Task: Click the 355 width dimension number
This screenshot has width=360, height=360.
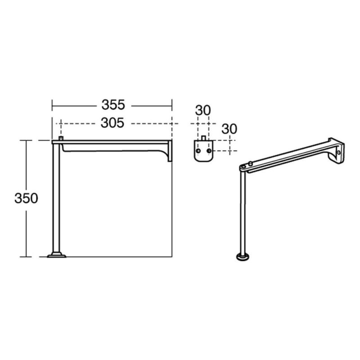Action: pos(112,105)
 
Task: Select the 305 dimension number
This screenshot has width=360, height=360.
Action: pos(112,123)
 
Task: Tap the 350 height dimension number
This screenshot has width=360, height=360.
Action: pos(26,198)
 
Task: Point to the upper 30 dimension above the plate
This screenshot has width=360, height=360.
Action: pos(203,110)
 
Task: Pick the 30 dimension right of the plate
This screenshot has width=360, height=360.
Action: pos(229,128)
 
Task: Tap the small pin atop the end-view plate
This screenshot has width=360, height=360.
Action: pos(203,137)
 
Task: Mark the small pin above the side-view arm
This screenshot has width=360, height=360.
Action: pos(61,138)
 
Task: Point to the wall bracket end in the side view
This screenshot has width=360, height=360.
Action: pos(169,150)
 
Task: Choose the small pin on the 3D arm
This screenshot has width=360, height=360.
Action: pos(249,163)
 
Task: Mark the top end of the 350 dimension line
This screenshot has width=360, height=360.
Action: pos(26,141)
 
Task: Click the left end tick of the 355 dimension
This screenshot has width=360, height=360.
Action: pos(53,105)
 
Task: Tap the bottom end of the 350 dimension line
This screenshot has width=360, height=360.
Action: pos(26,257)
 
